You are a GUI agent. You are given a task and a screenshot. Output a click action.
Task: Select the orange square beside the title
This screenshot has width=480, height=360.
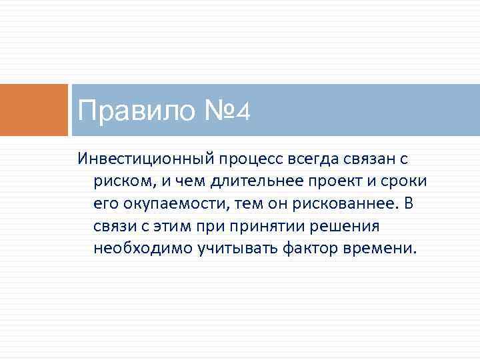(34, 109)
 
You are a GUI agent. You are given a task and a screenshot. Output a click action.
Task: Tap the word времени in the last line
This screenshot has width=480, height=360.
(382, 248)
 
